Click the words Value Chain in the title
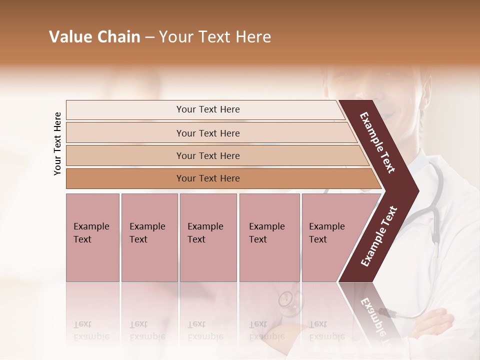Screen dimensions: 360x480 click(94, 37)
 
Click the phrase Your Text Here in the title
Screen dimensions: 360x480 click(215, 37)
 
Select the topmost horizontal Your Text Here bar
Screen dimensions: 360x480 click(207, 109)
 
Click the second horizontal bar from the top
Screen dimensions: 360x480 click(207, 133)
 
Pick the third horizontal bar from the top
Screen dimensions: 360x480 click(207, 155)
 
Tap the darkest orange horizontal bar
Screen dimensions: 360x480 click(207, 178)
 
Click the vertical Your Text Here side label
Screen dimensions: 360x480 click(57, 143)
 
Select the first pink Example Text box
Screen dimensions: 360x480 click(92, 237)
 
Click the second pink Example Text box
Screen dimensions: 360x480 click(149, 237)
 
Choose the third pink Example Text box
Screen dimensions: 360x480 click(208, 237)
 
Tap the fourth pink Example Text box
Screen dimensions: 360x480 click(269, 237)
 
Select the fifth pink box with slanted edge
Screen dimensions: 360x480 click(330, 237)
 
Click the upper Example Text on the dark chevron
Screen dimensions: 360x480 click(377, 142)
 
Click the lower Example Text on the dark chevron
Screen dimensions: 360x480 click(378, 236)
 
